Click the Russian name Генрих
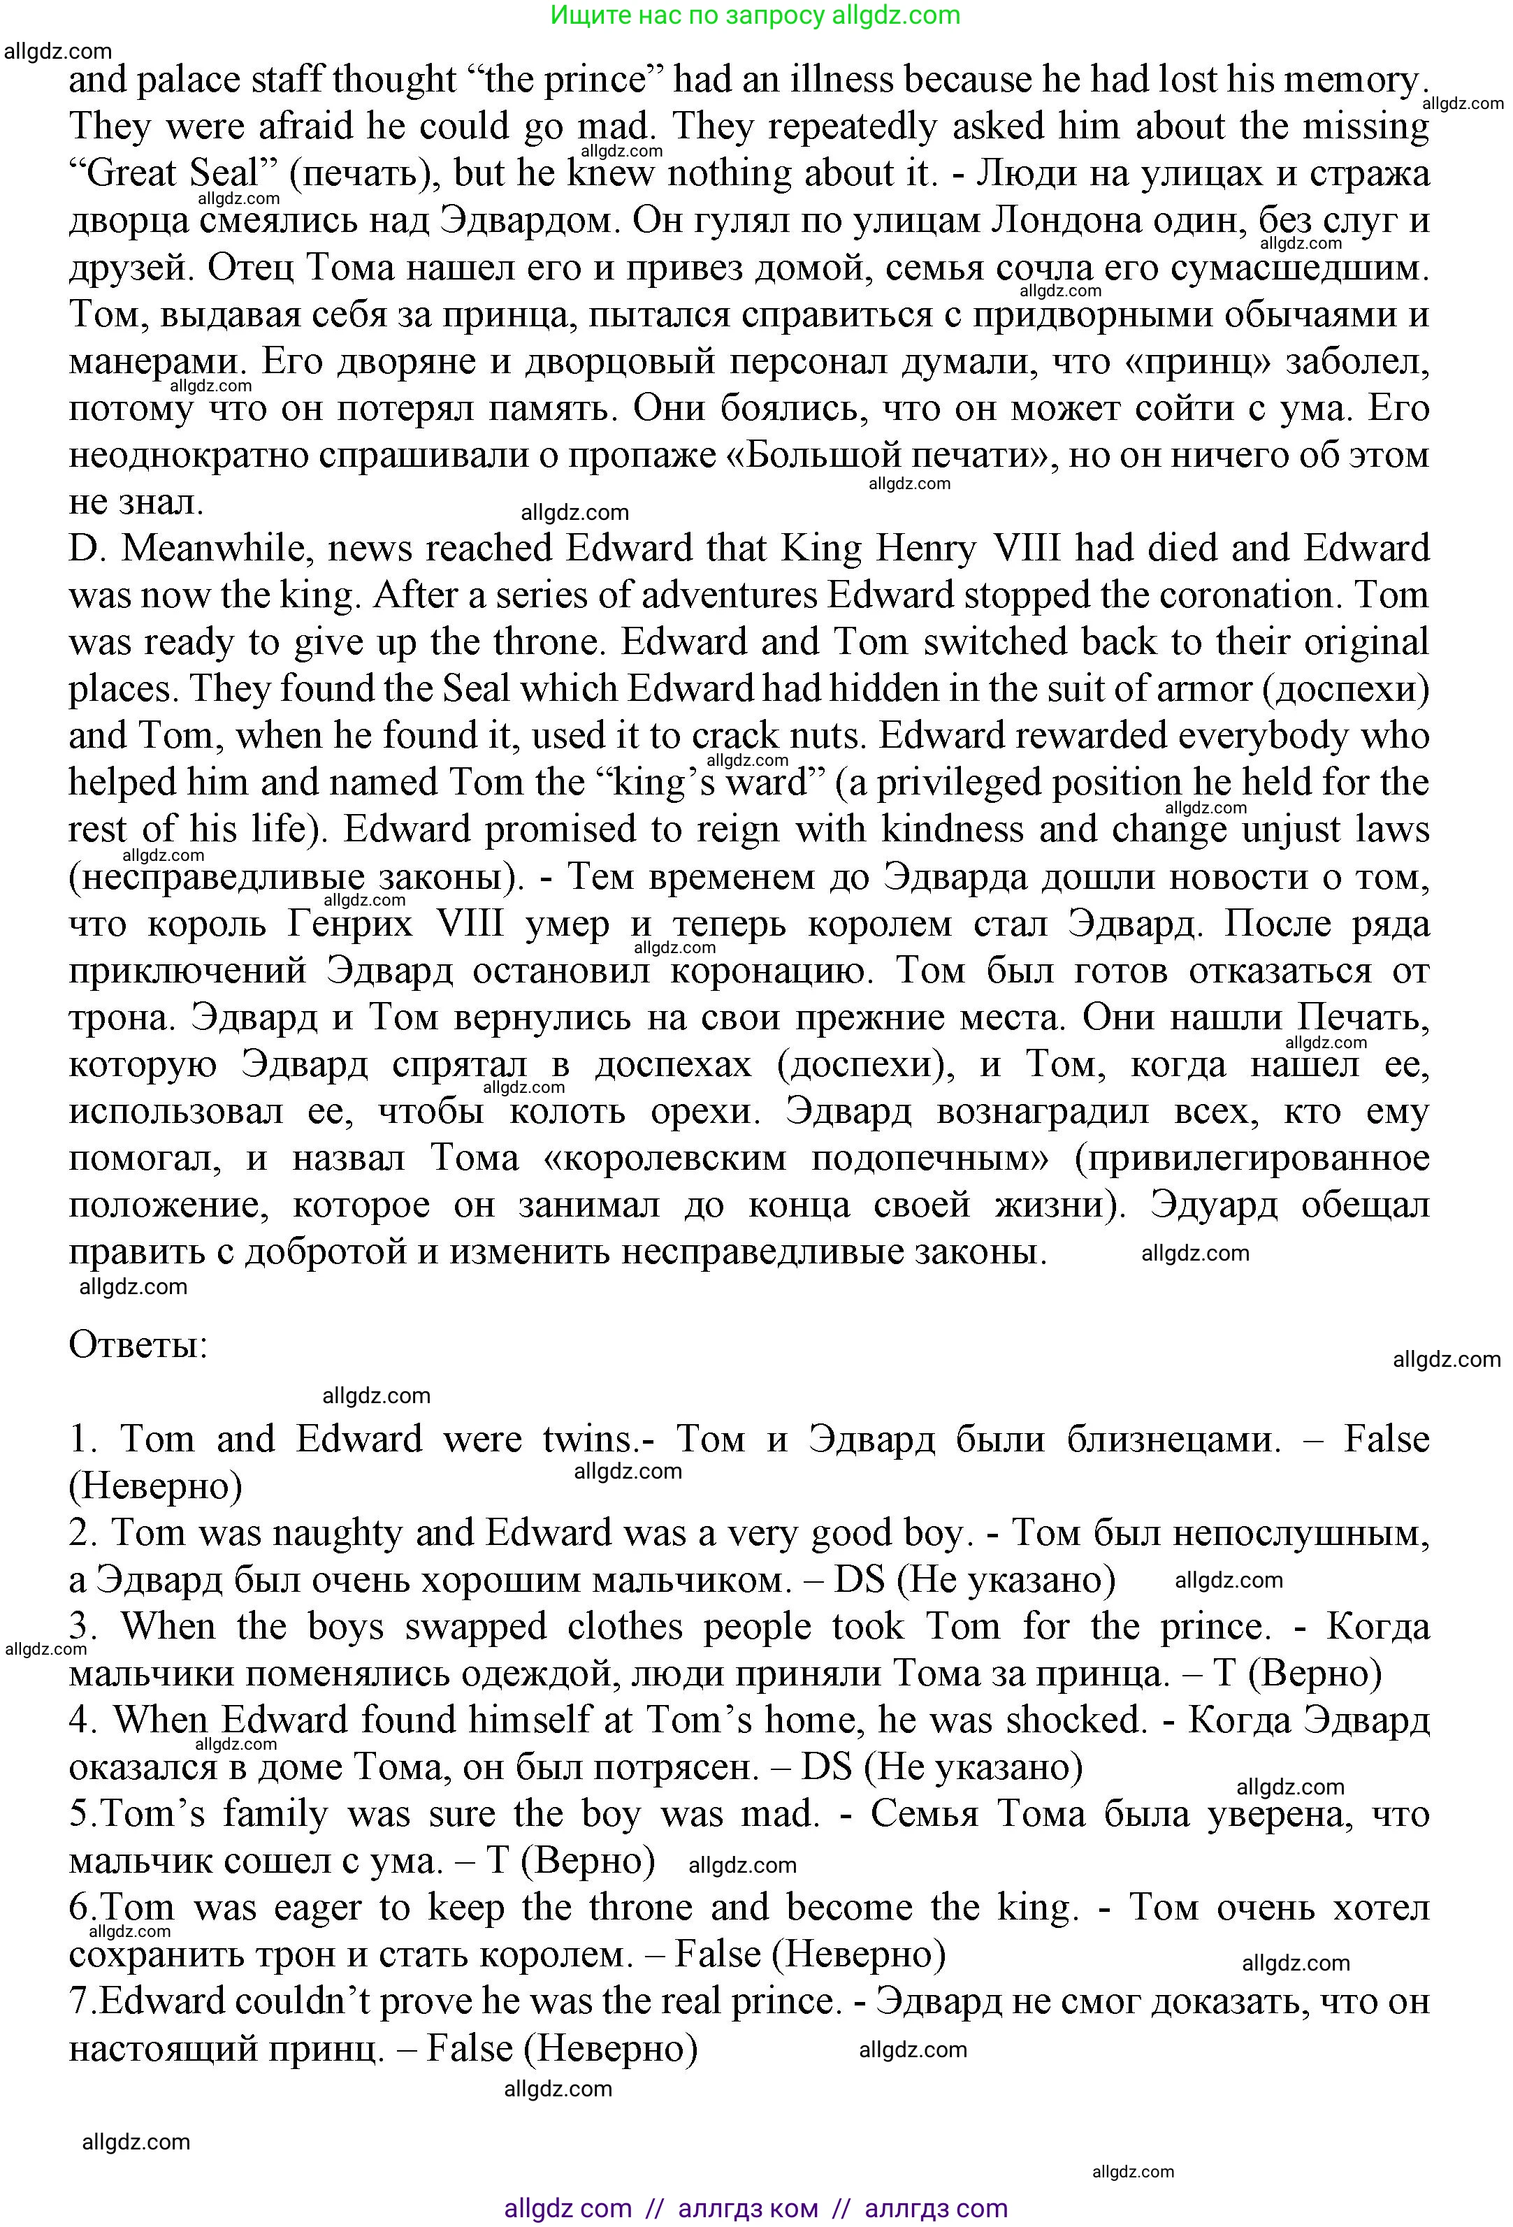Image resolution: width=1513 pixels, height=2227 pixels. (x=349, y=924)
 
